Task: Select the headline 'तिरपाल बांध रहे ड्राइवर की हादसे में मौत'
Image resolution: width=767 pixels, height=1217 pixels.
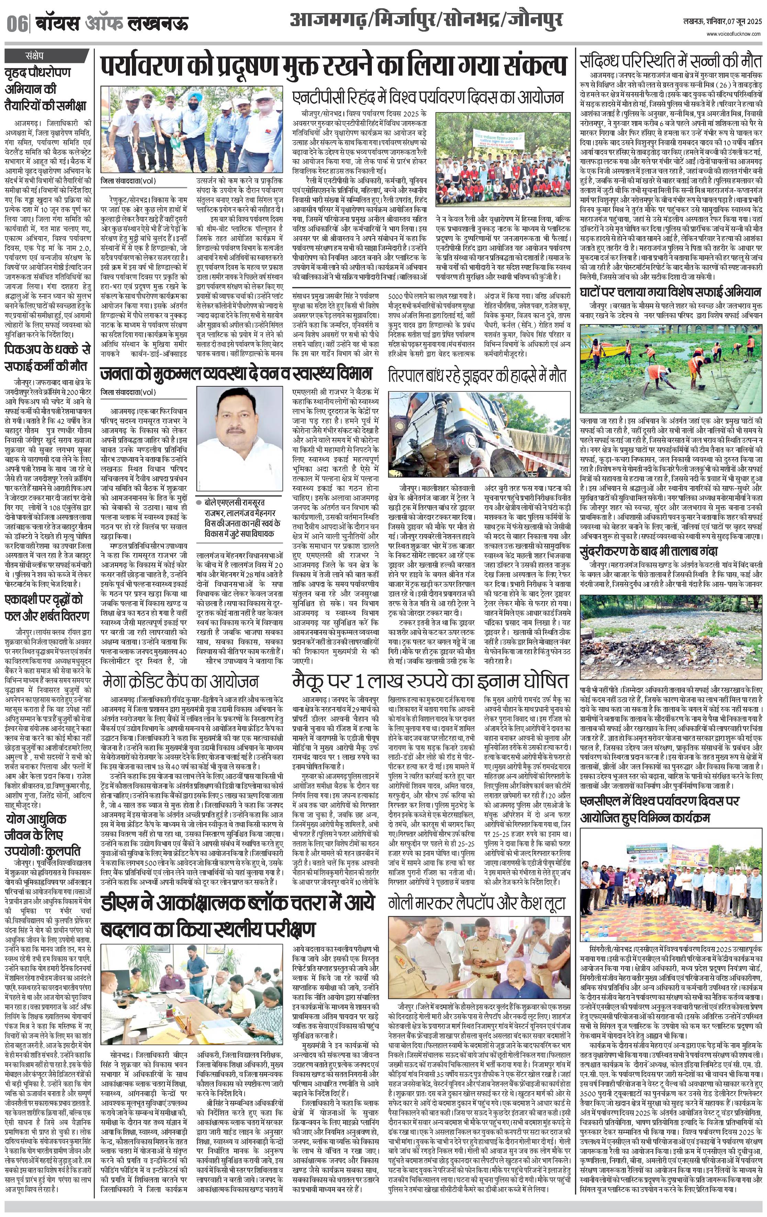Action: (477, 375)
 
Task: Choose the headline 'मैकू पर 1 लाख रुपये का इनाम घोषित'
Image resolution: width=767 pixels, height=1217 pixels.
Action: (431, 680)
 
